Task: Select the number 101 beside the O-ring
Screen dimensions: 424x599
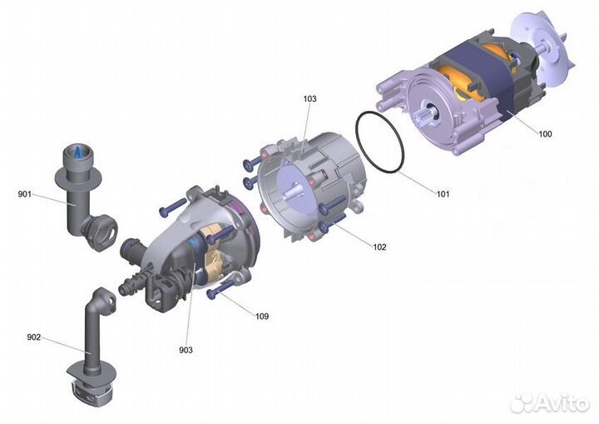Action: pos(443,194)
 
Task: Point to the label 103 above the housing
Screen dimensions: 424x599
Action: pos(309,98)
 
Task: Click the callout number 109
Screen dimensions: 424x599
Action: pos(261,317)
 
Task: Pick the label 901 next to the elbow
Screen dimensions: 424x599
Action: pos(24,194)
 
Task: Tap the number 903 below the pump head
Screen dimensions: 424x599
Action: pos(186,350)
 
